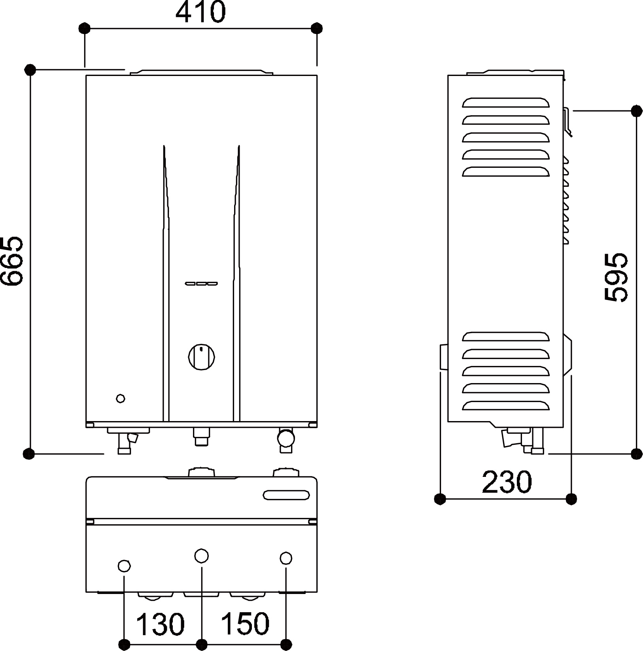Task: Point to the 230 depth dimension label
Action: pyautogui.click(x=507, y=482)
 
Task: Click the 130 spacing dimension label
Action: pyautogui.click(x=160, y=624)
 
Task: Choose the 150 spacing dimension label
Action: pyautogui.click(x=245, y=623)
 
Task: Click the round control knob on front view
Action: pyautogui.click(x=202, y=357)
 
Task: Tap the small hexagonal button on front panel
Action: pyautogui.click(x=121, y=399)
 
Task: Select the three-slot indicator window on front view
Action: pyautogui.click(x=201, y=283)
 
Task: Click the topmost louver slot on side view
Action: pyautogui.click(x=506, y=102)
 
